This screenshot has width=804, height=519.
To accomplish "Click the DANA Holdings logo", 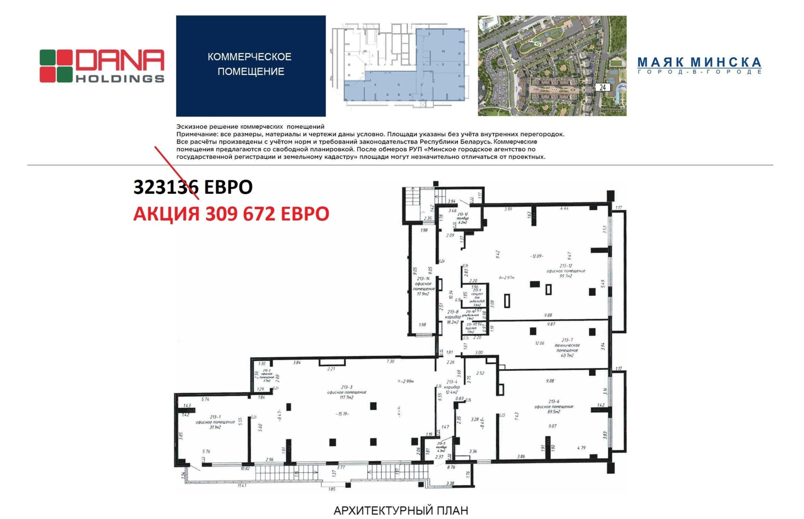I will (x=102, y=66).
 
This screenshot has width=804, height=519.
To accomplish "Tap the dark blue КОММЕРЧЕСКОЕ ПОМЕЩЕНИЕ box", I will (x=250, y=65).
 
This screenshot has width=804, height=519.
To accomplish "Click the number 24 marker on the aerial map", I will (x=602, y=87).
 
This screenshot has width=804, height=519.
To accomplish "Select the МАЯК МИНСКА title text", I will (x=699, y=63).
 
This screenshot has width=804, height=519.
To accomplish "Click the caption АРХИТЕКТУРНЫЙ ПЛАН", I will (x=400, y=510).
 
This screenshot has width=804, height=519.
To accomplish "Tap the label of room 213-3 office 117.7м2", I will (x=346, y=392).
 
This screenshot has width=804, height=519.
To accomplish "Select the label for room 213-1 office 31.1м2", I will (x=215, y=422).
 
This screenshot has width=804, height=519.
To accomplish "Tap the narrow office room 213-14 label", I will (x=423, y=286).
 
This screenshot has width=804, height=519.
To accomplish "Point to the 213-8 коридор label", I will (x=453, y=317).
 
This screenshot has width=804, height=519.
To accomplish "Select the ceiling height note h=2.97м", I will (x=507, y=277).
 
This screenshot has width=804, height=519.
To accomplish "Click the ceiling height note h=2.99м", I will (x=405, y=381).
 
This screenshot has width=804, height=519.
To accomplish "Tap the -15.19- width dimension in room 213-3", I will (x=343, y=413).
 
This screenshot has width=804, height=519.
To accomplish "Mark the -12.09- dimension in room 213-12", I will (x=537, y=256).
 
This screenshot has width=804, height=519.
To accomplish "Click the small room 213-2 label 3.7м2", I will (x=266, y=375).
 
